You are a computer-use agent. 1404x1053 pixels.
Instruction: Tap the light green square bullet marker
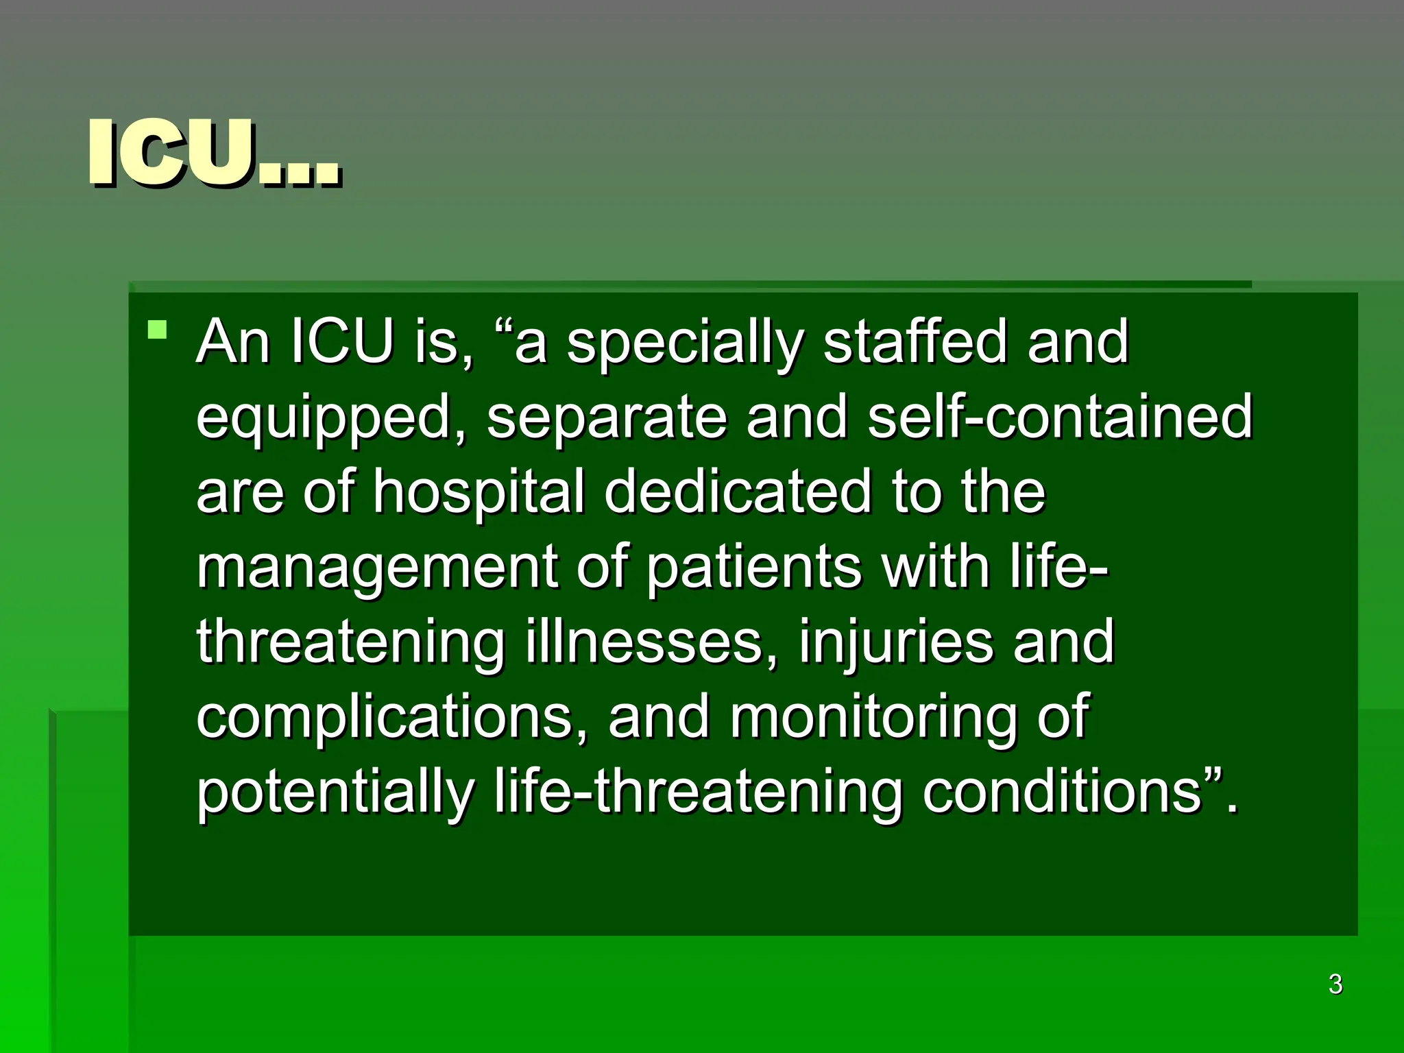pyautogui.click(x=158, y=330)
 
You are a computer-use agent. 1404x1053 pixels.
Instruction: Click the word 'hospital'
pyautogui.click(x=479, y=493)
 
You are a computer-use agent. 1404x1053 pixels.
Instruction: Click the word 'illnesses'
pyautogui.click(x=644, y=642)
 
